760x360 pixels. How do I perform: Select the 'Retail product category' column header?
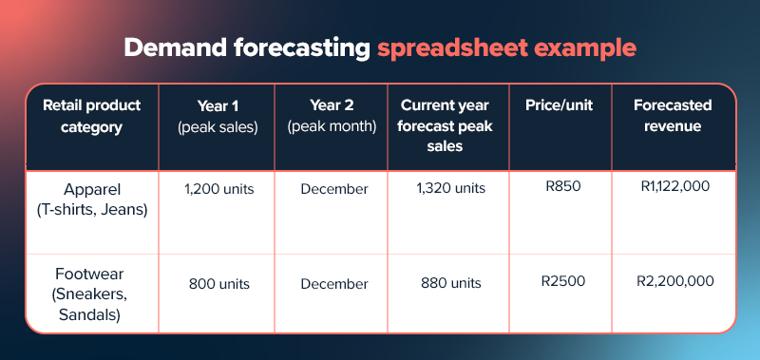pyautogui.click(x=91, y=117)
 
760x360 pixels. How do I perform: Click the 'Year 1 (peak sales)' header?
pyautogui.click(x=218, y=117)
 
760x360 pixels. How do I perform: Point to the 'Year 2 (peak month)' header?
pyautogui.click(x=332, y=117)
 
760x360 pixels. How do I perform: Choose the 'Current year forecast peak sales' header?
pyautogui.click(x=448, y=125)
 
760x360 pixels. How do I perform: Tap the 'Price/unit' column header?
pyautogui.click(x=559, y=106)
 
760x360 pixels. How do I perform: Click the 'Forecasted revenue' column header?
pyautogui.click(x=674, y=117)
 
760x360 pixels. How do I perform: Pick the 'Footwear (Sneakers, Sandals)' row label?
pyautogui.click(x=92, y=283)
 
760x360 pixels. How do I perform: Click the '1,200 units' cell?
pyautogui.click(x=218, y=189)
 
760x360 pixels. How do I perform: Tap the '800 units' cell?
pyautogui.click(x=218, y=283)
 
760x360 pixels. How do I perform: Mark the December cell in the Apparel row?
pyautogui.click(x=333, y=189)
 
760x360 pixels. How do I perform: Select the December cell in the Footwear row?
pyautogui.click(x=333, y=283)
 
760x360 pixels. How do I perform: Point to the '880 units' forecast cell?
pyautogui.click(x=450, y=283)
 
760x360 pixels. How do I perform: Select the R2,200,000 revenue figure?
pyautogui.click(x=675, y=281)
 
